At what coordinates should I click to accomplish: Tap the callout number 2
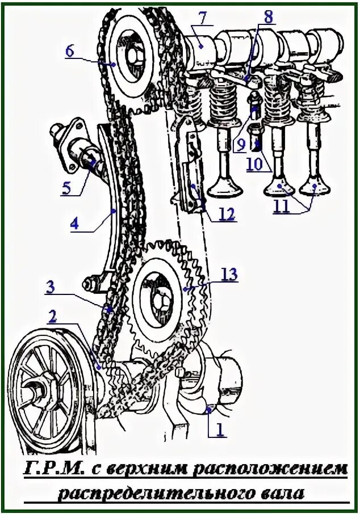(x=52, y=317)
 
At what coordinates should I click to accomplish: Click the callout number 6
(x=69, y=50)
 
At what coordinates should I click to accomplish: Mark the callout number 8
(x=267, y=16)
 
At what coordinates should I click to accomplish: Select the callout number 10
(x=256, y=165)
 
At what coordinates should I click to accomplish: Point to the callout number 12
(x=227, y=214)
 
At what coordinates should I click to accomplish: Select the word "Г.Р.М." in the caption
(x=60, y=470)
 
